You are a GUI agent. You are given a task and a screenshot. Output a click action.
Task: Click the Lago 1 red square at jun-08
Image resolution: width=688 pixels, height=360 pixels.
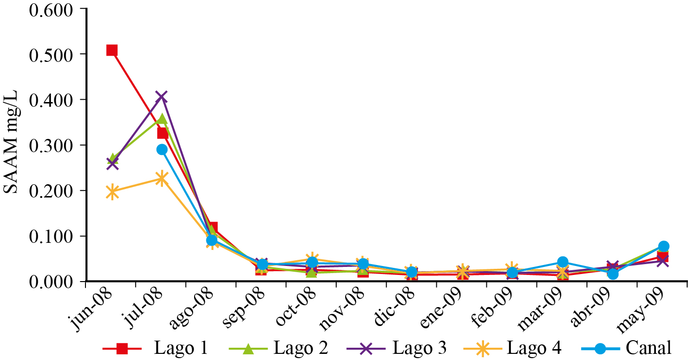coord(112,51)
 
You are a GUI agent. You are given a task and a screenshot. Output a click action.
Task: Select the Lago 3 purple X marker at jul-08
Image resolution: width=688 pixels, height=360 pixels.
coord(162,97)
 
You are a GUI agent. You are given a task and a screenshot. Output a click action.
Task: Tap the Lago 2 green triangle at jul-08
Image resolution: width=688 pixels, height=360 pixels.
coord(162,119)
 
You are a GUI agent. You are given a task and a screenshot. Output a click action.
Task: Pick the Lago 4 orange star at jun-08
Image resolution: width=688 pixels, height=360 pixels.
coord(112,192)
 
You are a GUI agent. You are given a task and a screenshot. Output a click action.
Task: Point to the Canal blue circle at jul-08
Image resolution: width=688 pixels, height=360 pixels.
coord(162,149)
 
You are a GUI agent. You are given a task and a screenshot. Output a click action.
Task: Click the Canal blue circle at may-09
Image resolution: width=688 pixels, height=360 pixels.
coord(663,246)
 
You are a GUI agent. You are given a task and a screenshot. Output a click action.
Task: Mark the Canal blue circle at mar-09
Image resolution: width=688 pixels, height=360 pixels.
coord(562,262)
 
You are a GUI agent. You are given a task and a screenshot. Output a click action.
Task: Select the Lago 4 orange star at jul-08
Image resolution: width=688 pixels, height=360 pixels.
coord(162,179)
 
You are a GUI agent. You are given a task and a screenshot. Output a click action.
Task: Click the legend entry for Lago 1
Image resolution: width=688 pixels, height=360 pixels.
coord(156,349)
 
